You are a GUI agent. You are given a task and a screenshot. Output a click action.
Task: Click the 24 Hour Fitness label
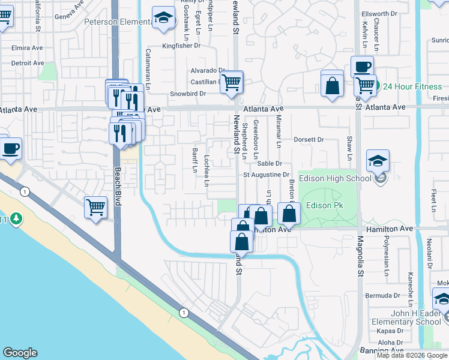(412, 86)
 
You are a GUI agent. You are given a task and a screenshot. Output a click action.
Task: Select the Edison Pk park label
(324, 205)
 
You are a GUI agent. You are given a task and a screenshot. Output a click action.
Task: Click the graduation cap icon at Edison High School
(378, 161)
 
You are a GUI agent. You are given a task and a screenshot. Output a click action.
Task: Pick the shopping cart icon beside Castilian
(231, 82)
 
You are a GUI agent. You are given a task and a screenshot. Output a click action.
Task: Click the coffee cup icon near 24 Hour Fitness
(362, 67)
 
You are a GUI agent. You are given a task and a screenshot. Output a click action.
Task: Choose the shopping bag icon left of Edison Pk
(289, 213)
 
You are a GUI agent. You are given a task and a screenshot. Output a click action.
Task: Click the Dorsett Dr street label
(309, 139)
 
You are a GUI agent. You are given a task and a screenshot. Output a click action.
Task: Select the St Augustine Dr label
(266, 175)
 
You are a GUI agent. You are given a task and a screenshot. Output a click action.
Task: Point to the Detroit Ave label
(28, 62)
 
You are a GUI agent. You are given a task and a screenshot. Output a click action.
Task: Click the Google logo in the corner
(20, 353)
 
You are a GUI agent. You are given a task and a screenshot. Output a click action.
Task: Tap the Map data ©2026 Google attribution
(412, 356)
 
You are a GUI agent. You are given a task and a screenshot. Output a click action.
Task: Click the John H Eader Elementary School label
(406, 317)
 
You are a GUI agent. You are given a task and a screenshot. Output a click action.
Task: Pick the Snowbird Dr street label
(187, 94)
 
